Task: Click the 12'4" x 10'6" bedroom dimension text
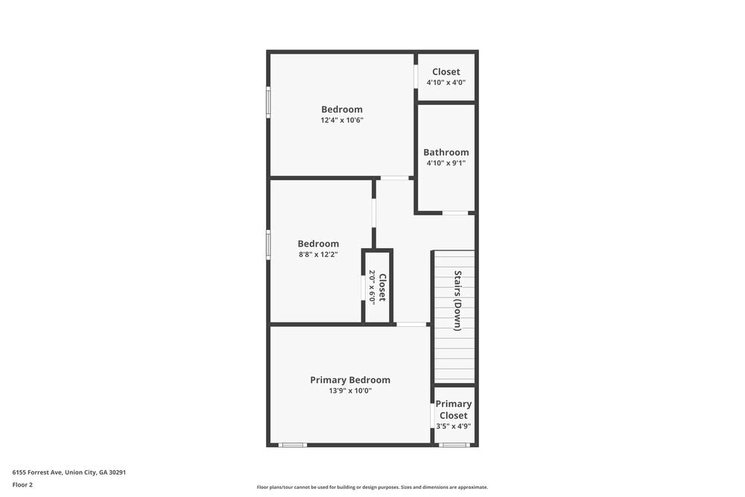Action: coord(342,120)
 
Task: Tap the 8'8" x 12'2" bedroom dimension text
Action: coord(318,254)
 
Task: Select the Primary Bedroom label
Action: coord(350,380)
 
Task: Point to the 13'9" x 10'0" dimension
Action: coord(350,390)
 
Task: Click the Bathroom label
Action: coord(446,152)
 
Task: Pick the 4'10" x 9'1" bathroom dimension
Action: coord(446,162)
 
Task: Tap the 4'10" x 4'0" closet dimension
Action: coord(446,82)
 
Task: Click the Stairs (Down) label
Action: coord(458,300)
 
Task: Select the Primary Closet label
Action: coord(454,410)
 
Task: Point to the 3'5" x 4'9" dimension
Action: coord(454,426)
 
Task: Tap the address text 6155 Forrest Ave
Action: coord(74,472)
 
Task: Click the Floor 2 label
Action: coord(22,484)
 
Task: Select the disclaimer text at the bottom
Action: coord(372,487)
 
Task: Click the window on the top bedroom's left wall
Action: coord(268,102)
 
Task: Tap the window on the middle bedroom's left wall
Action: coord(268,244)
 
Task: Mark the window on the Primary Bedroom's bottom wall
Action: coord(293,445)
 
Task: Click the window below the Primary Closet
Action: coord(454,445)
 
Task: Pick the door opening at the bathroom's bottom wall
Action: coord(455,213)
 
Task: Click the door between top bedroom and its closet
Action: coord(416,77)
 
